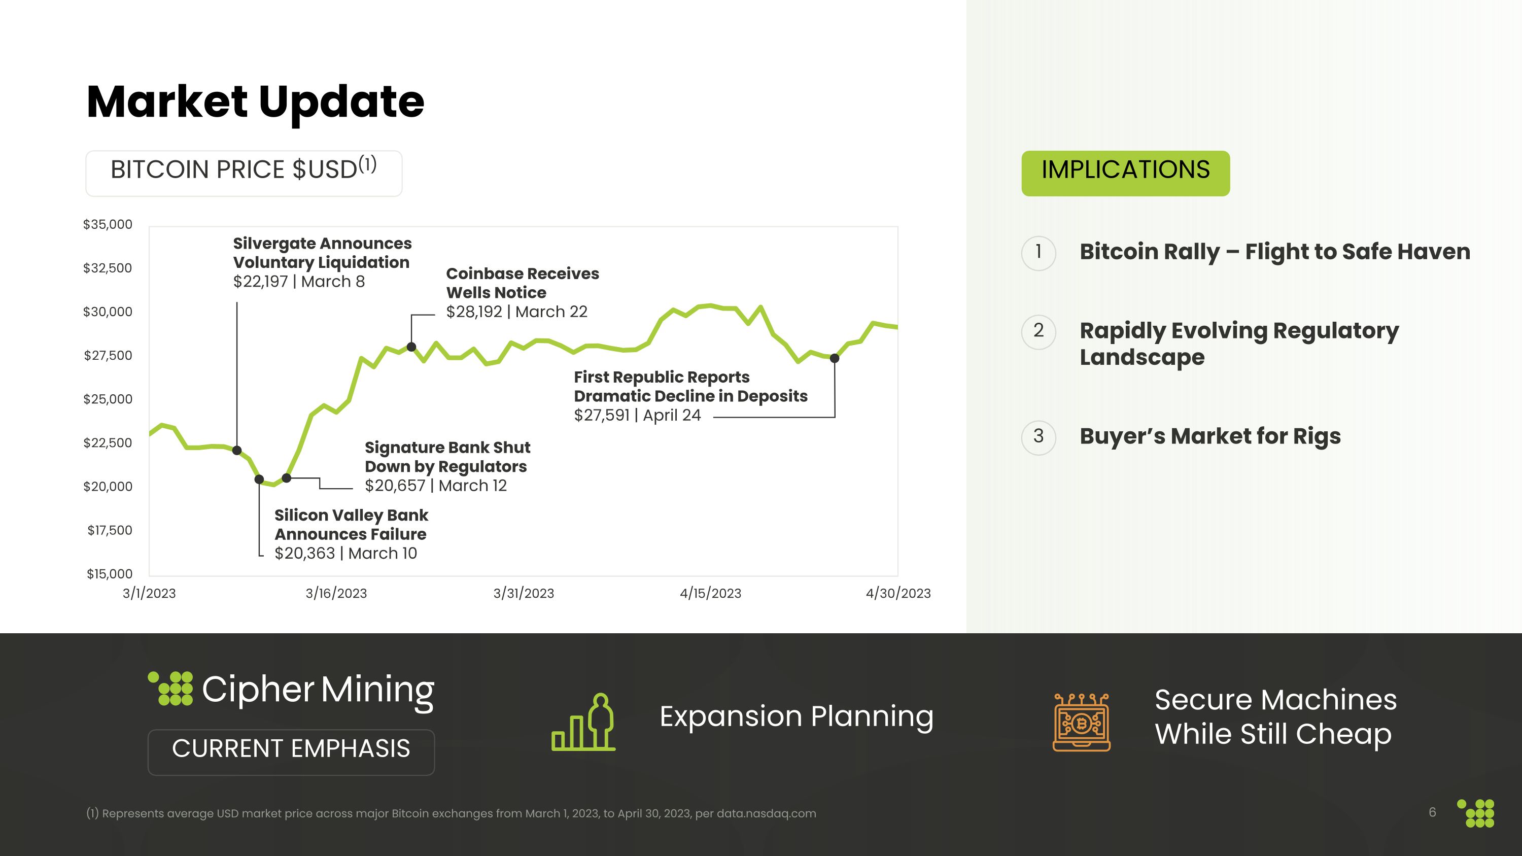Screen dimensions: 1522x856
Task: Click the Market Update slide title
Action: coord(255,101)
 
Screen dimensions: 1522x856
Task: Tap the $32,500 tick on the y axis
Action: coord(108,268)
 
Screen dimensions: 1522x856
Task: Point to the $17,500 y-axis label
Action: coord(110,530)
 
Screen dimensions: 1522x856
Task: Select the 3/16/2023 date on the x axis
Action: coord(336,593)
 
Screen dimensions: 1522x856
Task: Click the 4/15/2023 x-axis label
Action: coord(710,593)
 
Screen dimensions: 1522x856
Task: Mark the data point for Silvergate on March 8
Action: coord(237,451)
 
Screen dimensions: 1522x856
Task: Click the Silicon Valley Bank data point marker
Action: coord(259,479)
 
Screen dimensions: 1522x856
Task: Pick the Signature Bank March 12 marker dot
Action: coord(287,478)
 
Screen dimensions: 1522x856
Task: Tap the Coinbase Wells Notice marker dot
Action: coord(411,347)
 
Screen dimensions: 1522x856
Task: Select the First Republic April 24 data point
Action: coord(834,358)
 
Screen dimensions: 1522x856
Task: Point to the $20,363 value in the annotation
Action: coord(305,554)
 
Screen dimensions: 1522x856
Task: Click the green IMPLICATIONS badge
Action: coord(1126,173)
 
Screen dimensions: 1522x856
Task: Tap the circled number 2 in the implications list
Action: coord(1039,331)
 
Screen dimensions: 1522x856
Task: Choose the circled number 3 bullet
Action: coord(1039,437)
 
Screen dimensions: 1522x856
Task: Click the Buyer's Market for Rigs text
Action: coord(1210,436)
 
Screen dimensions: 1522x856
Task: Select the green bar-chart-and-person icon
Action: coord(583,722)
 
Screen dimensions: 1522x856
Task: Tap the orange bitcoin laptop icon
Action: coord(1081,722)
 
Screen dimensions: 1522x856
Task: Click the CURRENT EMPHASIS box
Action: coord(291,752)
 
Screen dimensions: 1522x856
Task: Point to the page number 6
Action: coord(1432,812)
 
